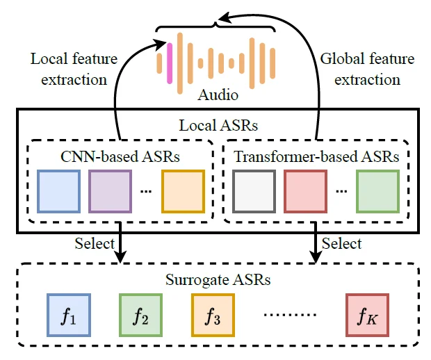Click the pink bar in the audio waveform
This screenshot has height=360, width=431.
coord(168,61)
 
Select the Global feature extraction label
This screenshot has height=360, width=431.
coord(367,69)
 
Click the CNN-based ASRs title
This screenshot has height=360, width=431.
coord(120,156)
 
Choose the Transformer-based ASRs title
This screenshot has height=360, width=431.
coord(316,156)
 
